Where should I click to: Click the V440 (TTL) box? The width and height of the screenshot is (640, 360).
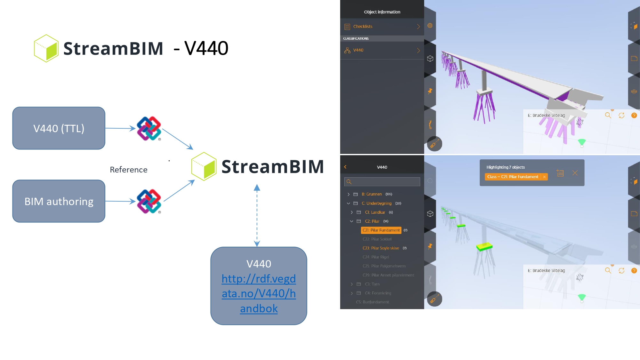coord(59,128)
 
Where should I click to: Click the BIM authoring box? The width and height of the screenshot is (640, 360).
coord(59,201)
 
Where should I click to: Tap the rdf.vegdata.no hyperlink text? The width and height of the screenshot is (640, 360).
coord(259,293)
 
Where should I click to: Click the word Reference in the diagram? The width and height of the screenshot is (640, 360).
coord(129,170)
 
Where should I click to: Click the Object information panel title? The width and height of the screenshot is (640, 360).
coord(382,12)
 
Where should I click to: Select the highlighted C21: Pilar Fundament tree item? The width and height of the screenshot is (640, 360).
coord(381,230)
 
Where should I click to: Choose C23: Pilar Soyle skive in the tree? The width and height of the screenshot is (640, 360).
coord(380,248)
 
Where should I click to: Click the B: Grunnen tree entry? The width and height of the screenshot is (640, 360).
coord(372,194)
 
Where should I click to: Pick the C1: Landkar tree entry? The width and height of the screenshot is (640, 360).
coord(375,212)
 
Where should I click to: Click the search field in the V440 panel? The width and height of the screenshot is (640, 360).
coord(382,182)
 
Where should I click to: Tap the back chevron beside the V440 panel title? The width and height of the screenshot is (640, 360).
coord(345,167)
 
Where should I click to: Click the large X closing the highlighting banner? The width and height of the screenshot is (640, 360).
coord(575,173)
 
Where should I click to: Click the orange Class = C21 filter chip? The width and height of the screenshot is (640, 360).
coord(513,177)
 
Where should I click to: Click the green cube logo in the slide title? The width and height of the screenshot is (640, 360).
coord(46,48)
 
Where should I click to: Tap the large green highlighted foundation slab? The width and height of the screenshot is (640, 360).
coord(484,247)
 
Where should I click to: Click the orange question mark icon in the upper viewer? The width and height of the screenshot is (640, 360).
coord(634,116)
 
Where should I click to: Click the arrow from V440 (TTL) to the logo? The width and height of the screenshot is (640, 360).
coord(120,128)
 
